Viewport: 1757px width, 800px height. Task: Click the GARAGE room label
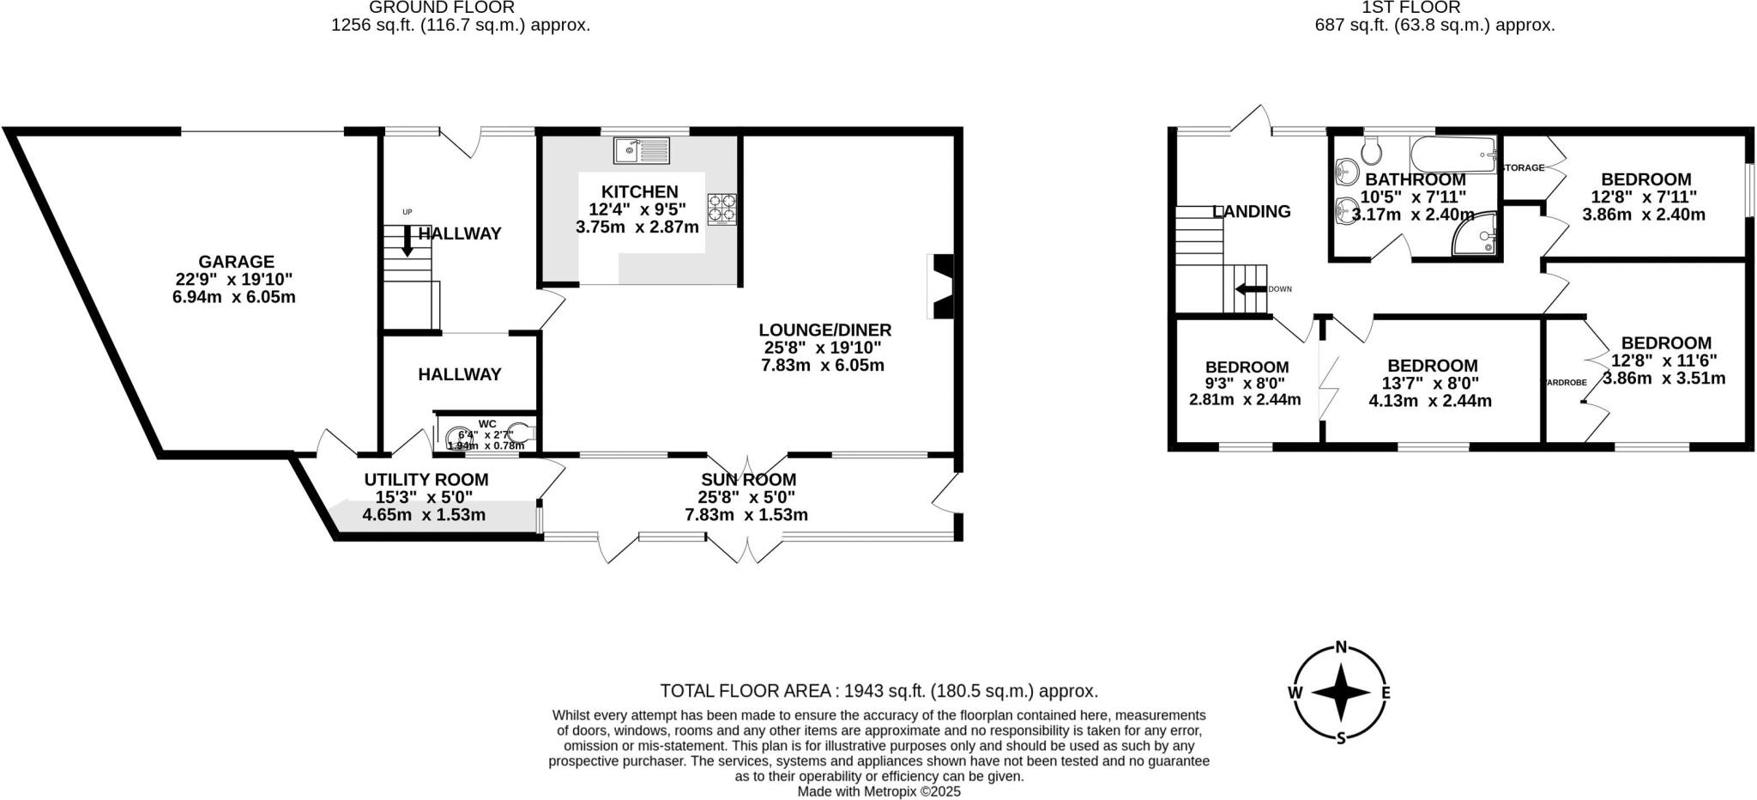coord(236,262)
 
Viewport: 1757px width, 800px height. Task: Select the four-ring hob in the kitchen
coord(722,209)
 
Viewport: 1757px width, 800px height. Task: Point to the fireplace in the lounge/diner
coord(940,287)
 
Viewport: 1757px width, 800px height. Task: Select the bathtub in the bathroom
coord(1454,155)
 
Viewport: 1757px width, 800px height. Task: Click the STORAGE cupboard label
coord(1524,167)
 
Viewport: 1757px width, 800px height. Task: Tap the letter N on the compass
coord(1341,648)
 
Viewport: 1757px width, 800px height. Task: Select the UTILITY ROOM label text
coord(426,480)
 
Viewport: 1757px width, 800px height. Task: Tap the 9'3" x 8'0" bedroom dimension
coord(1246,383)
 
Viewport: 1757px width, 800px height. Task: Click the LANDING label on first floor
coord(1252,211)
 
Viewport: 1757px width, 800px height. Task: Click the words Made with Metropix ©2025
coord(878,791)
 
